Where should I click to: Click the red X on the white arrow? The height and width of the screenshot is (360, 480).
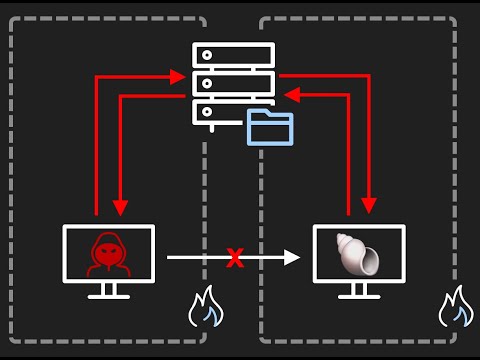point(235,259)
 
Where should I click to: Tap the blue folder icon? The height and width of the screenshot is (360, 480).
point(270,127)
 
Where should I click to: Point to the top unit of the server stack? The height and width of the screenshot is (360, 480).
point(233,54)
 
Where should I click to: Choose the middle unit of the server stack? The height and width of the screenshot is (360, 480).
point(233,82)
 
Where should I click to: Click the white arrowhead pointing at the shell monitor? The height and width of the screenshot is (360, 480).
point(292,258)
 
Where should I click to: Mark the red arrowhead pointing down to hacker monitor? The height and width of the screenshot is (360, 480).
point(120,207)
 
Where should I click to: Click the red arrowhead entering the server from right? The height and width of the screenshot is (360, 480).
point(290,94)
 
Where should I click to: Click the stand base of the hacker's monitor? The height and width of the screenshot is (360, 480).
point(108,296)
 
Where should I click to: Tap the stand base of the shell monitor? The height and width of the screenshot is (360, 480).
point(358,296)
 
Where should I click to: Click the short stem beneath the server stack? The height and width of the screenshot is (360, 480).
point(211,127)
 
